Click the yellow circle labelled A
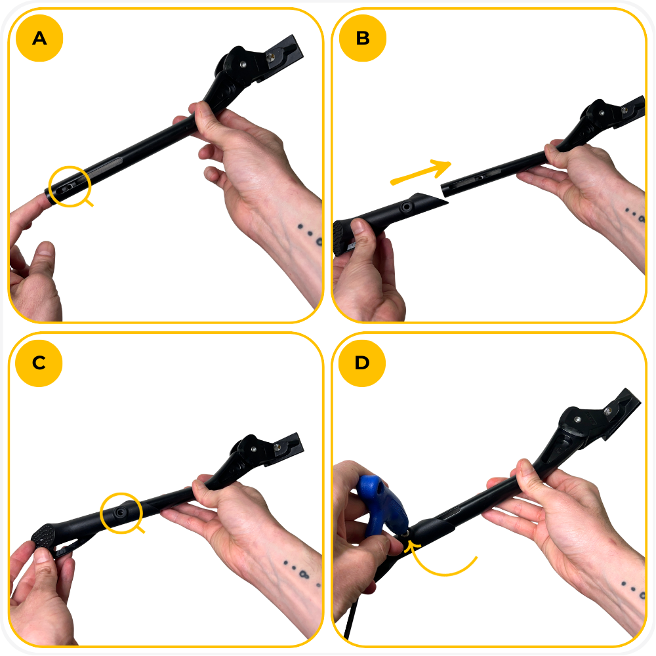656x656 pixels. [39, 38]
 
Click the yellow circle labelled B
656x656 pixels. [363, 38]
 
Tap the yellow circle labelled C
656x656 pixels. [39, 363]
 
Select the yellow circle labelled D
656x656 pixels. [362, 363]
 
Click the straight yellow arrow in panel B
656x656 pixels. [421, 172]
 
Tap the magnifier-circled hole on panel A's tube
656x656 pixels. [67, 188]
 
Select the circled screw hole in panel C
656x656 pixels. [121, 512]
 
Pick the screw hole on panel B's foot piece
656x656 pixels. [406, 207]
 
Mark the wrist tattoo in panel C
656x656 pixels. [298, 570]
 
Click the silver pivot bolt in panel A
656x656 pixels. [243, 64]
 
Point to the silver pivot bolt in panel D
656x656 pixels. [577, 419]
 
